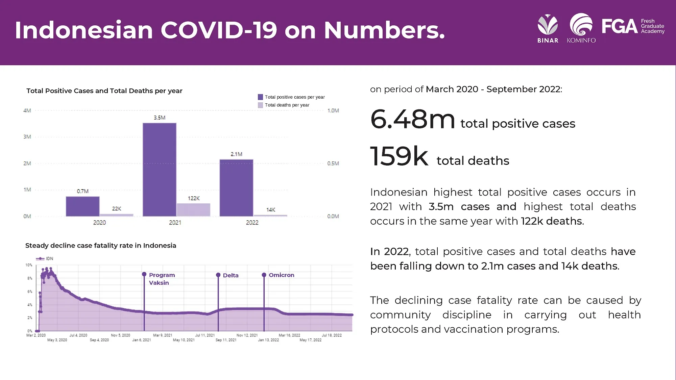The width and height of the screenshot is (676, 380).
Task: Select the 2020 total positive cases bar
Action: click(x=82, y=206)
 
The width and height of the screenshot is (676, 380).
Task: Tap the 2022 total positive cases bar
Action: click(x=236, y=188)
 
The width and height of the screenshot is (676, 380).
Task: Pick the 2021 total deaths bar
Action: click(x=193, y=210)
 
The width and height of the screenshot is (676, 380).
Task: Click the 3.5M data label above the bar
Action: click(x=160, y=118)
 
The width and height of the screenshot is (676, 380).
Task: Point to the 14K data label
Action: click(x=271, y=210)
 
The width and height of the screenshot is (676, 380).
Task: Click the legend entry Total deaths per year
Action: click(x=287, y=105)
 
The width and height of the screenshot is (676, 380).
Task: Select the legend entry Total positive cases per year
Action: click(x=294, y=97)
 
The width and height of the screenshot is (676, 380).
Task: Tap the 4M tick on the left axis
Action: click(x=27, y=110)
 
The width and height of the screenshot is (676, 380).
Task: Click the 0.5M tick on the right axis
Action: click(x=333, y=163)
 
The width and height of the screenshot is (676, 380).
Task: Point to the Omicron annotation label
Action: click(x=281, y=275)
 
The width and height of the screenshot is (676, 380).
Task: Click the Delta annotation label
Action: click(x=231, y=275)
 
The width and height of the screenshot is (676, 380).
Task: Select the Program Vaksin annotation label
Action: click(x=162, y=279)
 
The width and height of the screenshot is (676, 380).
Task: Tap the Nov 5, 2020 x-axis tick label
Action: click(x=120, y=335)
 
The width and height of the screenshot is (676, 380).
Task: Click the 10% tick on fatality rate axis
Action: click(x=29, y=265)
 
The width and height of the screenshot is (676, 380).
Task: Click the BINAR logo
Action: click(x=548, y=29)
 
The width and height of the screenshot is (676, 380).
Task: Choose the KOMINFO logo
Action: click(x=581, y=29)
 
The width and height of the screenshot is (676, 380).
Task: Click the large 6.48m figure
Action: click(x=413, y=120)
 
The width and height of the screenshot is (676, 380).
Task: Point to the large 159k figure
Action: click(x=399, y=156)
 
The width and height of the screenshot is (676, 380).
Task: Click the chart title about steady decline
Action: click(x=101, y=246)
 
